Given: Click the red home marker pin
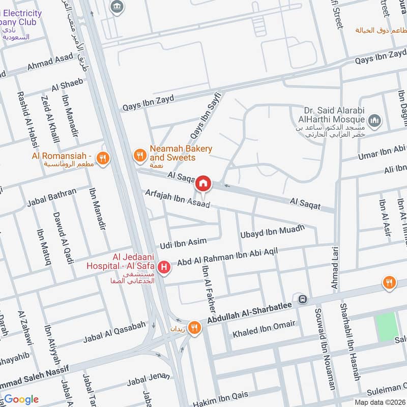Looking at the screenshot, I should pyautogui.click(x=203, y=183).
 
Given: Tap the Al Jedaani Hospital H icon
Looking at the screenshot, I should pyautogui.click(x=164, y=267).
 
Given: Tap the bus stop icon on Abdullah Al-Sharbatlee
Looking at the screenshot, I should pyautogui.click(x=303, y=299).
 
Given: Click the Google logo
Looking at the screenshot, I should pyautogui.click(x=21, y=399).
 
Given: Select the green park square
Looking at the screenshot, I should pyautogui.click(x=387, y=327).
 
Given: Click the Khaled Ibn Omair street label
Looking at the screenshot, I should pyautogui.click(x=264, y=330).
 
